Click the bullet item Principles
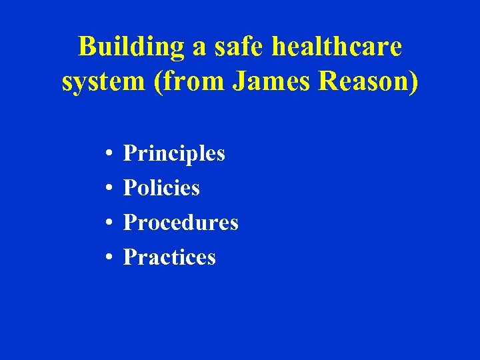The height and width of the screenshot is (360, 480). pos(174,154)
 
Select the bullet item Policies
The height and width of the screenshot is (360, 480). pos(161,188)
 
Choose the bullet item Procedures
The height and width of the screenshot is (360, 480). pos(181,223)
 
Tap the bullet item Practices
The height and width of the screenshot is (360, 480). pos(169,257)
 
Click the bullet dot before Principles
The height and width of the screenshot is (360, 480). pos(107,155)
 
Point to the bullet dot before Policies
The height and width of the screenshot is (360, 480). pos(107,189)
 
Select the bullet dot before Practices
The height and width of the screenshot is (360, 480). pos(107,258)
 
